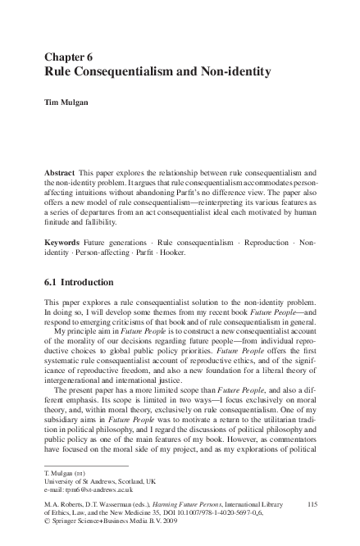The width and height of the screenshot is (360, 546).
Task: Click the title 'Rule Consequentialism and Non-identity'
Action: pyautogui.click(x=157, y=72)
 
